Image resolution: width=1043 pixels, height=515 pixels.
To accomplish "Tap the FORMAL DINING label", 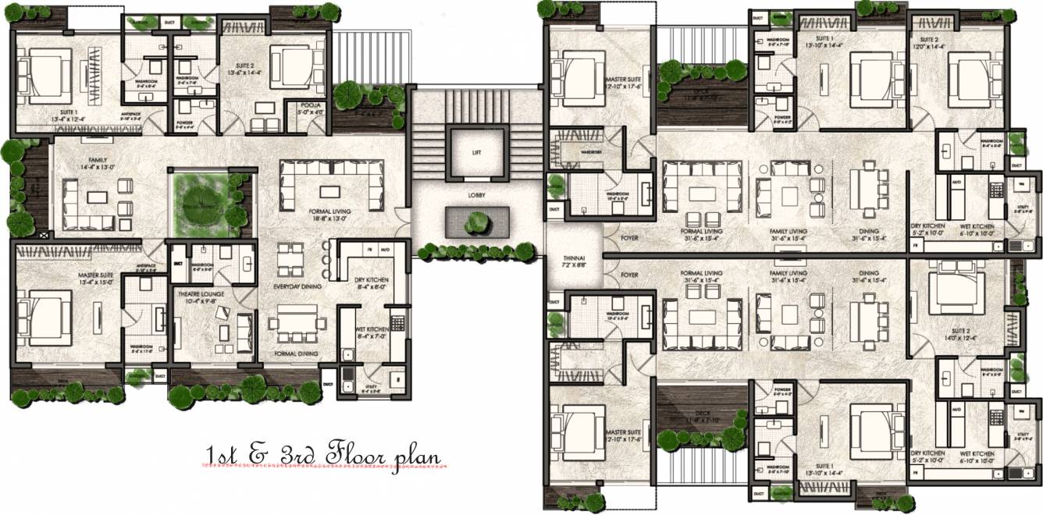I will click(x=296, y=353).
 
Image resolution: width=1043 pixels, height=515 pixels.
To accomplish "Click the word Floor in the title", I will click(x=355, y=453).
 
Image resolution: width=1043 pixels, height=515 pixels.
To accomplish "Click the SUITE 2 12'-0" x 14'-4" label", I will click(x=932, y=42).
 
